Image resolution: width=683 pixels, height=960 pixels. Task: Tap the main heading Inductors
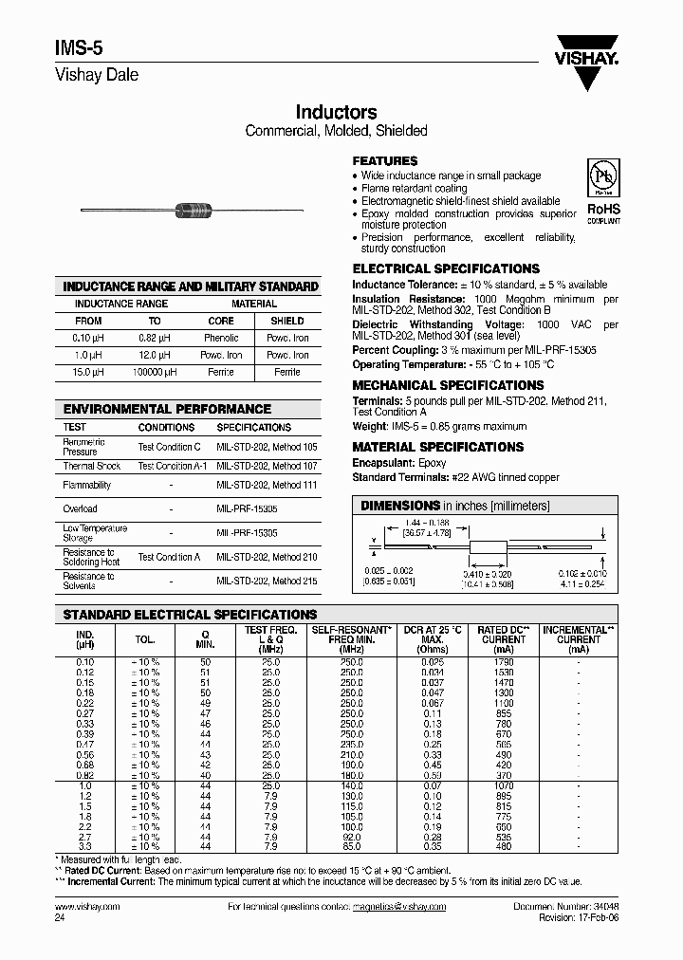pyautogui.click(x=337, y=112)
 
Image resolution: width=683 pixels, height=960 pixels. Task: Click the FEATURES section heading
pyautogui.click(x=385, y=161)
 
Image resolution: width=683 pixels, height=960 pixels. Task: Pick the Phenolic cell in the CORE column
pyautogui.click(x=221, y=338)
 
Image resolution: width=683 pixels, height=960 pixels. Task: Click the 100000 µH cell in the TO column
pyautogui.click(x=155, y=372)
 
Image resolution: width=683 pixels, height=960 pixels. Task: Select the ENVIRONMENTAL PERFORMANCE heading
pyautogui.click(x=167, y=409)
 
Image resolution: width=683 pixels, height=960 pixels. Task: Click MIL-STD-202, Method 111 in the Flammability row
pyautogui.click(x=267, y=485)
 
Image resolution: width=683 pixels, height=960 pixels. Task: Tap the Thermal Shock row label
pyautogui.click(x=92, y=466)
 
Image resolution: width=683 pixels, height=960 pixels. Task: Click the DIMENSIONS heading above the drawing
pyautogui.click(x=400, y=506)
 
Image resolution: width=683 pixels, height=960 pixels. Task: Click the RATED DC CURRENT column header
pyautogui.click(x=503, y=636)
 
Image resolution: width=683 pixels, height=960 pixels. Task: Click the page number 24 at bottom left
pyautogui.click(x=61, y=918)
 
